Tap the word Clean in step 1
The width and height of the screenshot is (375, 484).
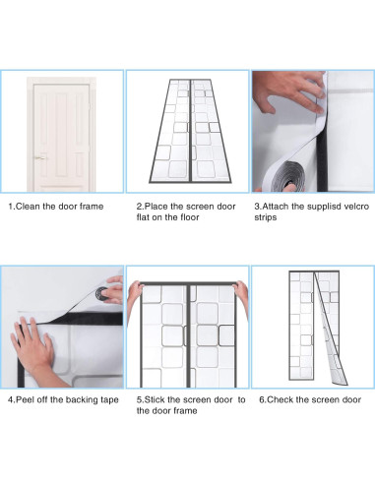click(28, 207)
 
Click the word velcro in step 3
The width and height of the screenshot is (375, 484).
click(356, 207)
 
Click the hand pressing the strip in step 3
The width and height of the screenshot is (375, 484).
click(288, 91)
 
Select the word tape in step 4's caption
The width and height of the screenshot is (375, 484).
click(108, 400)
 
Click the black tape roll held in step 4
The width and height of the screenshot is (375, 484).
click(102, 294)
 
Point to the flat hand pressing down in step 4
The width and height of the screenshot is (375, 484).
click(32, 347)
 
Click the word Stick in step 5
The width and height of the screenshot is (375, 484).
click(155, 399)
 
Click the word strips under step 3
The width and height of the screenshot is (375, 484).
click(266, 217)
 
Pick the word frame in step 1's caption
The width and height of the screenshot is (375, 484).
click(92, 207)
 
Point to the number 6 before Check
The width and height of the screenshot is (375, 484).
click(262, 399)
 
